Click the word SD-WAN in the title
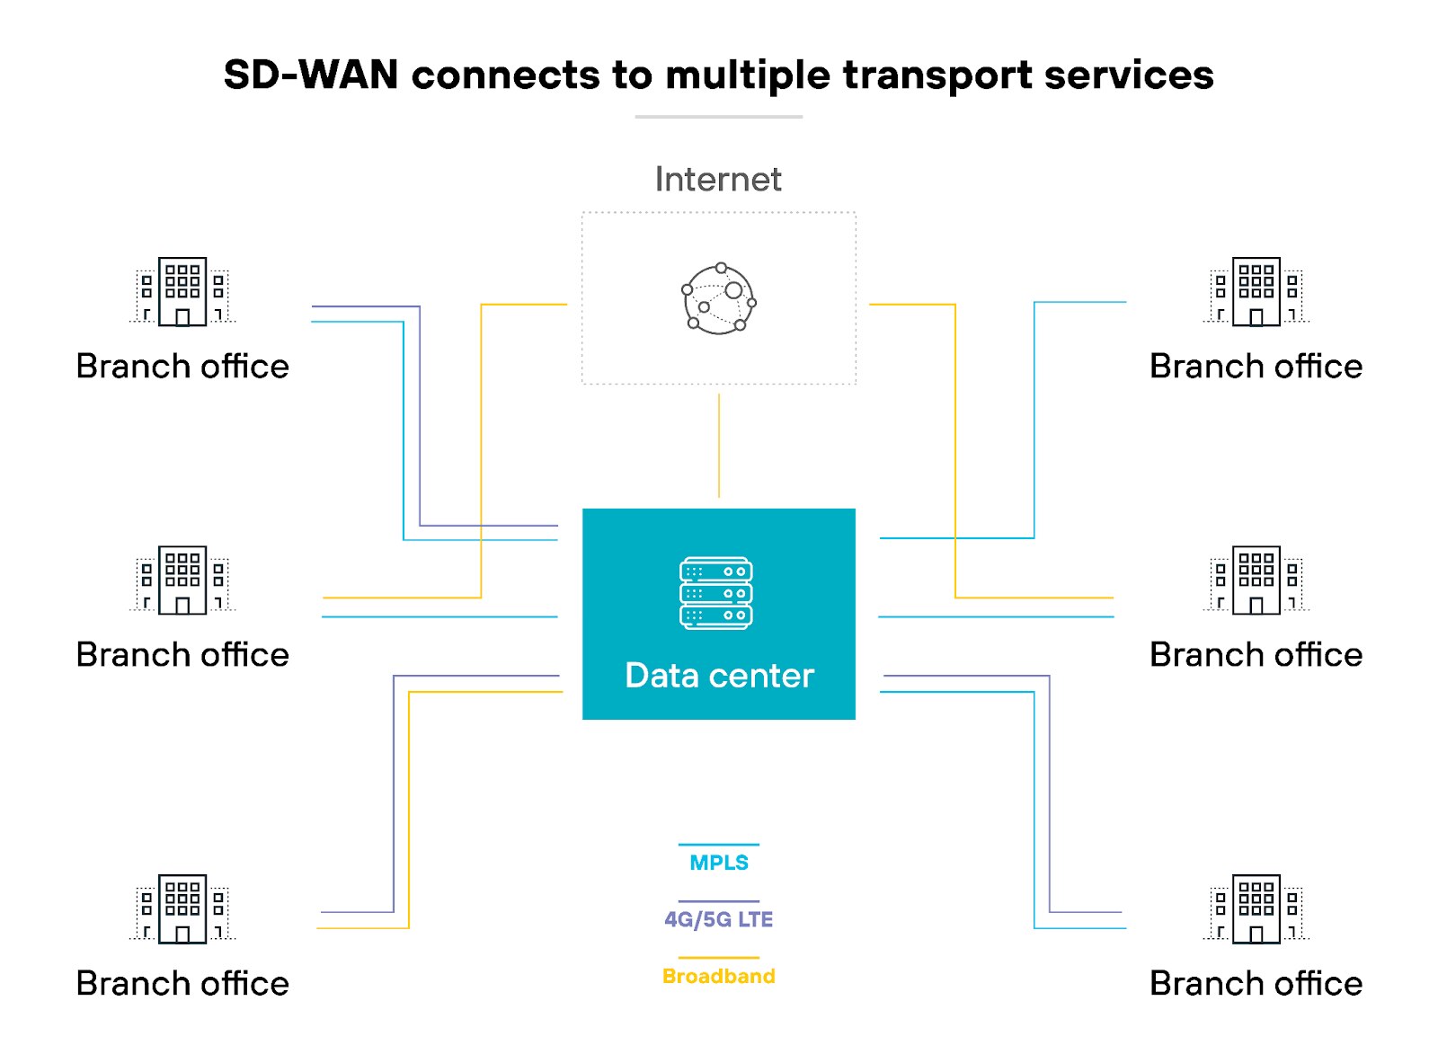[x=310, y=75]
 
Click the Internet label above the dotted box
[x=718, y=180]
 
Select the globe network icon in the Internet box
[x=718, y=298]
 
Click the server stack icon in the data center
[x=716, y=593]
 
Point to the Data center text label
[x=719, y=676]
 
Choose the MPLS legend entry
[x=719, y=862]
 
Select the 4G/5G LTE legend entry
[x=719, y=918]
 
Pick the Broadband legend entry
[x=719, y=976]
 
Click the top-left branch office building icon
[x=182, y=291]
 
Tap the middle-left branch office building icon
[x=182, y=580]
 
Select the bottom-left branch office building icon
[x=182, y=908]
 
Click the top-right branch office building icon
[x=1256, y=291]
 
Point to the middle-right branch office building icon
[x=1256, y=580]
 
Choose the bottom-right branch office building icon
[x=1256, y=908]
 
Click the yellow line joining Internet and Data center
[x=719, y=446]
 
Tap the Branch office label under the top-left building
[x=182, y=367]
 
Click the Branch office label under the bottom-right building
[x=1256, y=984]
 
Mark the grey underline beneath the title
[x=719, y=117]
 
